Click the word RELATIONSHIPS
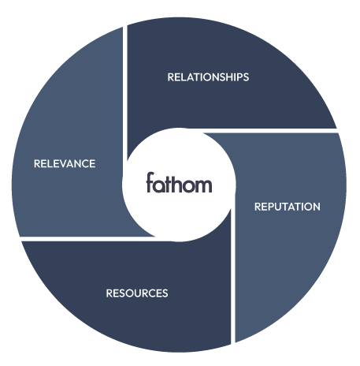point(208,77)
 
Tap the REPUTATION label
point(287,207)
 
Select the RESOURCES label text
point(137,293)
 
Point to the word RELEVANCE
point(65,164)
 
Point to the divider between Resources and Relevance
point(87,238)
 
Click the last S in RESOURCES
point(165,293)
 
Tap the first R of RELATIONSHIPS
point(171,77)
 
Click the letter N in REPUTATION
point(316,207)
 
